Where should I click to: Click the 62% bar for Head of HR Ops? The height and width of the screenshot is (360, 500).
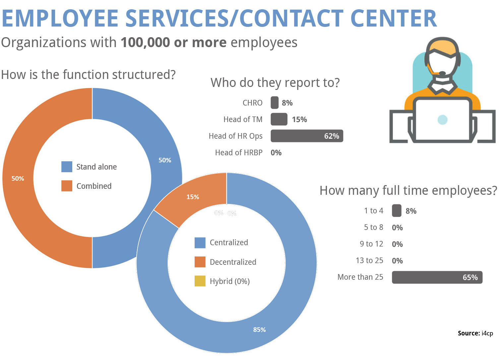click(x=307, y=136)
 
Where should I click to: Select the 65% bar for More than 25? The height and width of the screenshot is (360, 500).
click(x=437, y=277)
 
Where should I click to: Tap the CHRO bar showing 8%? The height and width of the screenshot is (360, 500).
click(x=275, y=103)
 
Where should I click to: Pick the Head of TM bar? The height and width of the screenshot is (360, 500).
click(x=279, y=119)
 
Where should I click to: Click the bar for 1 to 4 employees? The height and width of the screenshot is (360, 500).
click(x=397, y=211)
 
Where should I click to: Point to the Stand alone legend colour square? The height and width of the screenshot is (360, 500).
click(x=67, y=167)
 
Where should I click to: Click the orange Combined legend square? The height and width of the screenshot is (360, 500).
click(x=67, y=186)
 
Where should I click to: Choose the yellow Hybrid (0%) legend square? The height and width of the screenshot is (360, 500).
click(x=200, y=281)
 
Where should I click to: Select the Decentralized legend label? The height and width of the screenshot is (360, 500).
click(x=233, y=262)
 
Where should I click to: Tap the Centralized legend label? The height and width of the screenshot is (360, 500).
click(x=229, y=243)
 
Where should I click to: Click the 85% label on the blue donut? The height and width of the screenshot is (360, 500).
click(x=259, y=330)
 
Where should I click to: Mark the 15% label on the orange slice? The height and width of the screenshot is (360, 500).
click(x=193, y=197)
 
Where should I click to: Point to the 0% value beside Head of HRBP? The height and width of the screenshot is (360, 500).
click(x=276, y=153)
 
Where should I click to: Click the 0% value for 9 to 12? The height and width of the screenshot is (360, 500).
click(x=397, y=244)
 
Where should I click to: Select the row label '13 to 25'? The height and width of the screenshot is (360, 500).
click(x=369, y=260)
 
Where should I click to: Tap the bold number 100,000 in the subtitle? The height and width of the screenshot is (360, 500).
click(x=145, y=42)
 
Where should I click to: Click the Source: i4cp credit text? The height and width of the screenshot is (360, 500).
click(x=475, y=333)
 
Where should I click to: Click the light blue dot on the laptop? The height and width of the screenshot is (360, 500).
click(x=442, y=120)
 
